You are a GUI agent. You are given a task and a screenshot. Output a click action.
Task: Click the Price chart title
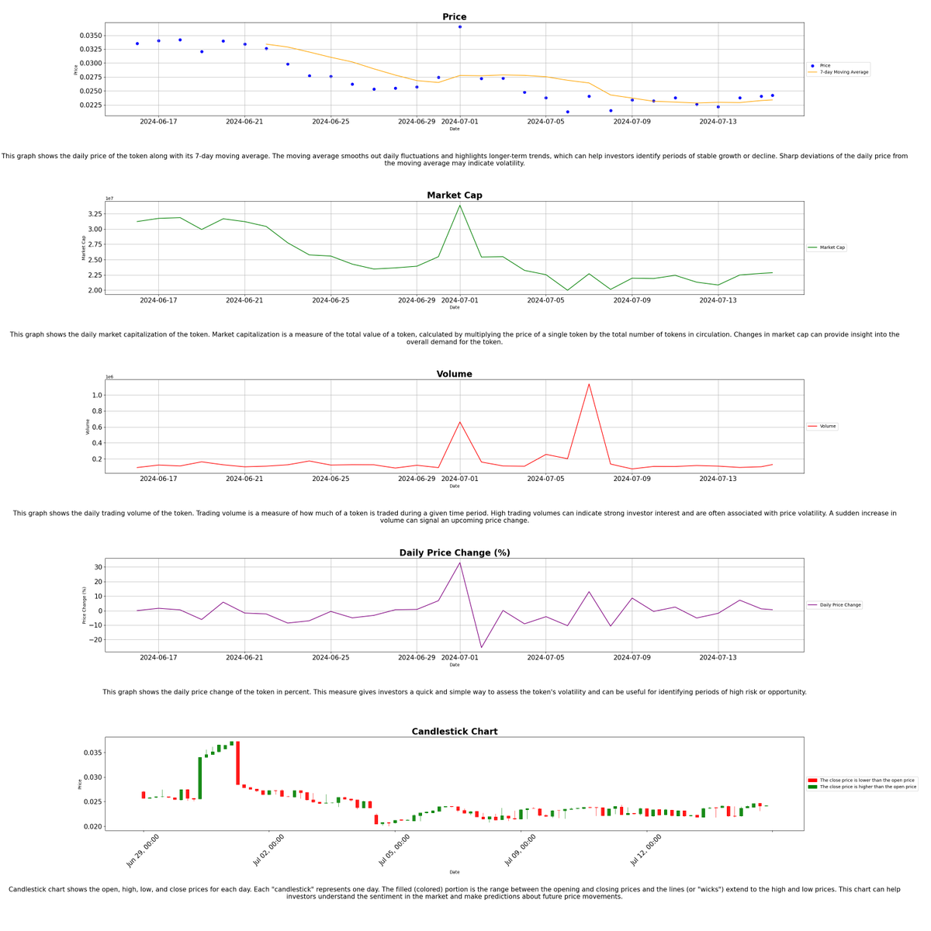click(454, 17)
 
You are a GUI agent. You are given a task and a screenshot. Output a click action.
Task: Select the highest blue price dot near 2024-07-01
click(460, 27)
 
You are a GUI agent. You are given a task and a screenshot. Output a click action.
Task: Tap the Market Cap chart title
click(454, 196)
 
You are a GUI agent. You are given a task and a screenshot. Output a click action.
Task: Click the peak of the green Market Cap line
click(460, 206)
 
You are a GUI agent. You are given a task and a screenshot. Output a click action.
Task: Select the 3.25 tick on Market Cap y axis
click(94, 214)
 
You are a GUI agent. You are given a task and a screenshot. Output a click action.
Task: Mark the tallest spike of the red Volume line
click(589, 384)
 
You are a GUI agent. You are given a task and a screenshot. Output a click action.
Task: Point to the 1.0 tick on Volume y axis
click(97, 396)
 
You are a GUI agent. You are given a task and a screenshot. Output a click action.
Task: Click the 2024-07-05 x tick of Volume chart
click(546, 479)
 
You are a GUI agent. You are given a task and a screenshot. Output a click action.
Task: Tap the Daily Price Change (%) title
click(454, 553)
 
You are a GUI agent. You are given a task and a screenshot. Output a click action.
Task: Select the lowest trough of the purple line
click(481, 648)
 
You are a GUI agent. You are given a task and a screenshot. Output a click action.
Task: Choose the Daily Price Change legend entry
click(834, 604)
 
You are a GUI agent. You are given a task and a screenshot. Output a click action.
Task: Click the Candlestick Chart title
click(454, 732)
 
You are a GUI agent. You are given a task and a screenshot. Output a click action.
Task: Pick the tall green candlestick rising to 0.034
click(199, 777)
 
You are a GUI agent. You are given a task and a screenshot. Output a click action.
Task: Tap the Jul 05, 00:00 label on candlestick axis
click(394, 850)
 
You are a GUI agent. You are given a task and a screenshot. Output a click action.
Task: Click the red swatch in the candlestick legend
click(812, 780)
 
